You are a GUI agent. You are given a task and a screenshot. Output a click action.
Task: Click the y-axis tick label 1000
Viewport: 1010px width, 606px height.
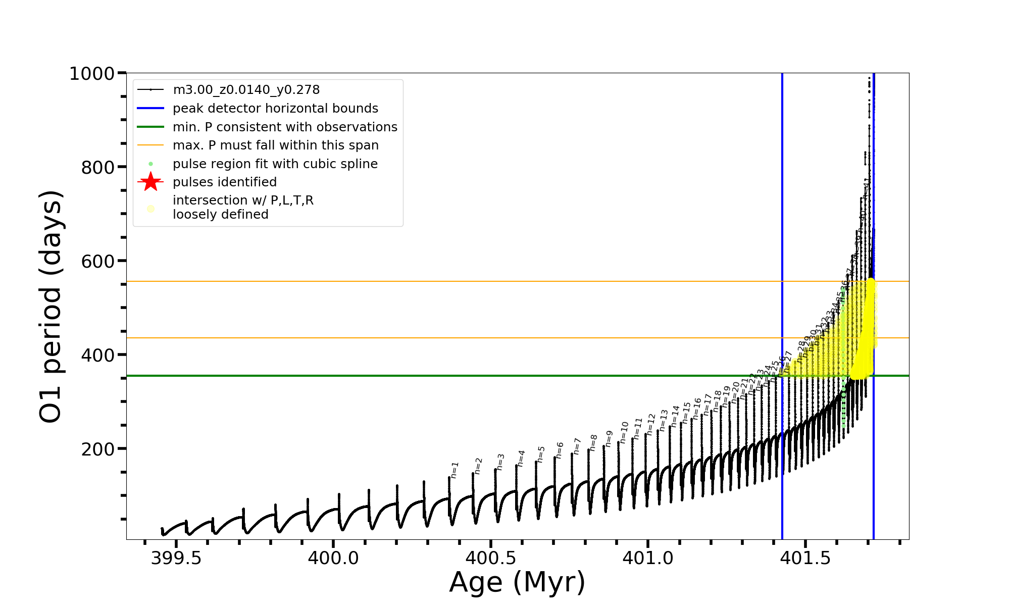92,74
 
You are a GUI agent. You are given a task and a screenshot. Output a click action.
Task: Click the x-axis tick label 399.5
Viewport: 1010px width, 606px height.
176,558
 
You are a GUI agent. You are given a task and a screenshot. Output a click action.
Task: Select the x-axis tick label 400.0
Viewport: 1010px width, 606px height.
333,558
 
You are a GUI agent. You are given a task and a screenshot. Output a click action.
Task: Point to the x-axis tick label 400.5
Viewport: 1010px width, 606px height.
490,558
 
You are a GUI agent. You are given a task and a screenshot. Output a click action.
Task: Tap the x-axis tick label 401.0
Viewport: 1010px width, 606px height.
648,558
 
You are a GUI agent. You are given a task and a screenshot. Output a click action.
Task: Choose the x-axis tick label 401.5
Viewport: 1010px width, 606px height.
805,558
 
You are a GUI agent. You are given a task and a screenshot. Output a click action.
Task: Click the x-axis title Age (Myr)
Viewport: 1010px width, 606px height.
517,582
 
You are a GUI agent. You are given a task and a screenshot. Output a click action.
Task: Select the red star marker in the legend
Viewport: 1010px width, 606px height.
150,182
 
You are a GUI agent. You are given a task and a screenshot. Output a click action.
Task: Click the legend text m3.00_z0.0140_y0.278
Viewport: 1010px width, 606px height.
246,90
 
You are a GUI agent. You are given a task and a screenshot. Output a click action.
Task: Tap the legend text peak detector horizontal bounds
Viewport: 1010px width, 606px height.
275,109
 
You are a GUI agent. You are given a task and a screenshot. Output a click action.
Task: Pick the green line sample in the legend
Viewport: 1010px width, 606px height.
150,127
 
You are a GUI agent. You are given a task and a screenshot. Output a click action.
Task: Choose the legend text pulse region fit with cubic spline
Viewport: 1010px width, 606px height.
275,164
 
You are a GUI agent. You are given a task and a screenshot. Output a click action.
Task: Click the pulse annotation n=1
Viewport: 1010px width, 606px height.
454,470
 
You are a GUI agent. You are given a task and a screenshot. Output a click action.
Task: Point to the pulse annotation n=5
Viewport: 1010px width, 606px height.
541,454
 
